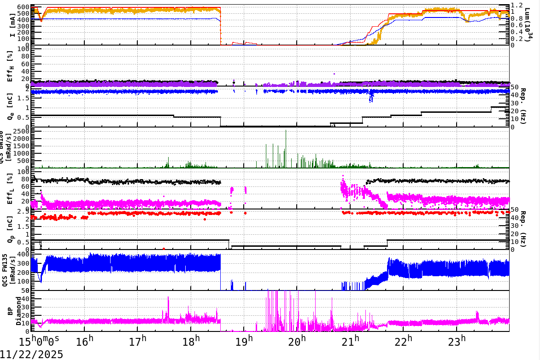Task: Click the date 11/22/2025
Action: [x=32, y=354]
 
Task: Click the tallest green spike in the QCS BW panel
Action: [x=286, y=131]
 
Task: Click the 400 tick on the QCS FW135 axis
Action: [x=23, y=254]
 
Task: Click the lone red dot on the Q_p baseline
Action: [x=164, y=249]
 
